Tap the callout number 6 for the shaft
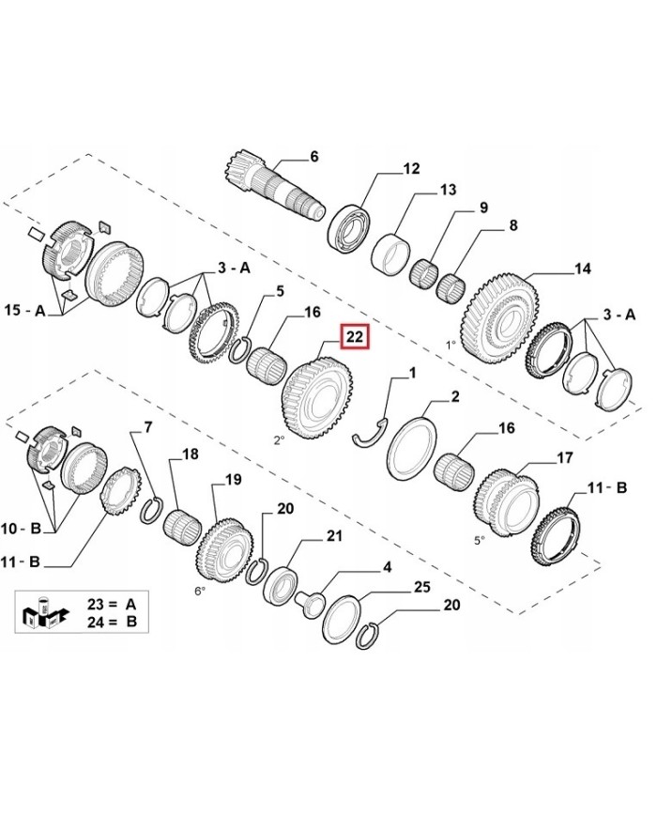click(314, 156)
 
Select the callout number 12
click(411, 169)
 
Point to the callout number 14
click(582, 269)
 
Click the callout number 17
click(565, 459)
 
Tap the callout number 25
click(421, 588)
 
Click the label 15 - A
click(25, 309)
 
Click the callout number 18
click(191, 454)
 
